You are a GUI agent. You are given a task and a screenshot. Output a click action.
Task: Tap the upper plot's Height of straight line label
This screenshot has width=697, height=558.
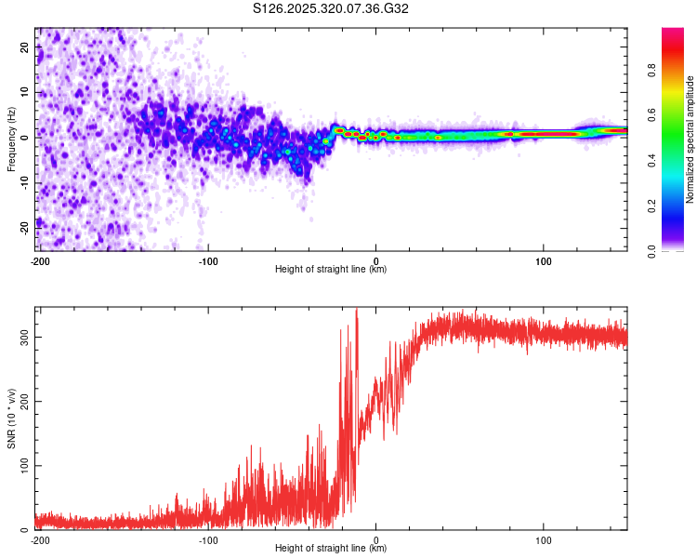tap(331, 269)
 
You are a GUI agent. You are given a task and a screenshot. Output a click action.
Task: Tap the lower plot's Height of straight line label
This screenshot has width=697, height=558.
tap(331, 548)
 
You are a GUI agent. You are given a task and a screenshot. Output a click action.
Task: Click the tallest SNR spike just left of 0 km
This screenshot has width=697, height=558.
tap(357, 311)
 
